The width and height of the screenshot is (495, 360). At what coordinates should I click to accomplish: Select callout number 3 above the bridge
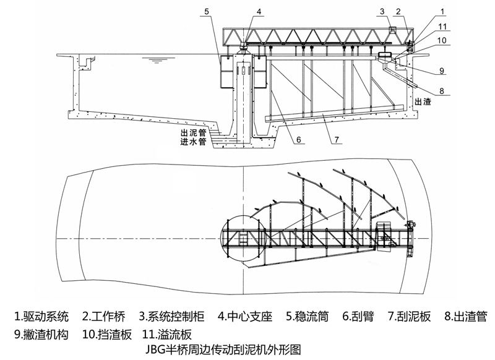pyautogui.click(x=384, y=11)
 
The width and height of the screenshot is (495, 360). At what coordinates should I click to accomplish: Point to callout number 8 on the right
pyautogui.click(x=441, y=90)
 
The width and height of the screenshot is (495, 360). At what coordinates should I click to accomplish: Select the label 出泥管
pyautogui.click(x=192, y=132)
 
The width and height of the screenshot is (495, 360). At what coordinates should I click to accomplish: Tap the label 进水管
pyautogui.click(x=192, y=141)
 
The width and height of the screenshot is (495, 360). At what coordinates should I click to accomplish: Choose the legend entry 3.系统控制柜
pyautogui.click(x=176, y=317)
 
